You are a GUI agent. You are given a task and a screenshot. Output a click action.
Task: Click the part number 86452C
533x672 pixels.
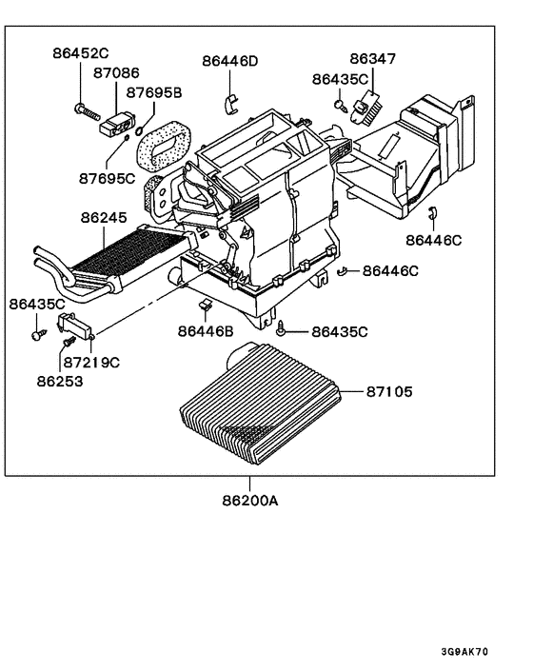click(x=81, y=54)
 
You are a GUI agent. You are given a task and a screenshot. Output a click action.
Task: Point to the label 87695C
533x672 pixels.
click(x=107, y=178)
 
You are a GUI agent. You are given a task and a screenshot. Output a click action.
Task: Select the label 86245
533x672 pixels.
click(x=104, y=218)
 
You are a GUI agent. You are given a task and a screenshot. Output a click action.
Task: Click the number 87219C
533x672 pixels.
click(x=92, y=363)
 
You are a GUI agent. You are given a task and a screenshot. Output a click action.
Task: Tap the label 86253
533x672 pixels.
click(x=61, y=381)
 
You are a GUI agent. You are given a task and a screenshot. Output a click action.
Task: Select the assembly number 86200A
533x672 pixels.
click(x=250, y=499)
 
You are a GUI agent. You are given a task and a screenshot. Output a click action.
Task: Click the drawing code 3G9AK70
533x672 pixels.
click(x=464, y=652)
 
